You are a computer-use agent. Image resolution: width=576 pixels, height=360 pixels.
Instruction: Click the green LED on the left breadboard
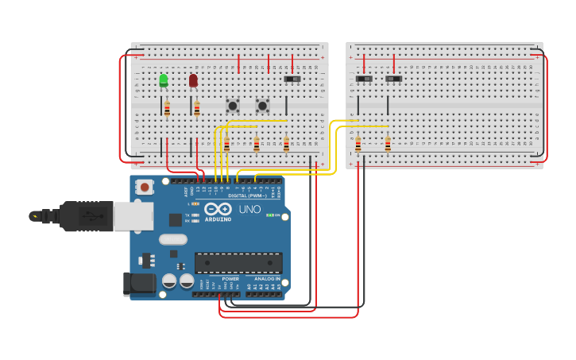coord(164,79)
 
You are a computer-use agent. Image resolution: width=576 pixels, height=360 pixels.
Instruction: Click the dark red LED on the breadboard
coord(193,79)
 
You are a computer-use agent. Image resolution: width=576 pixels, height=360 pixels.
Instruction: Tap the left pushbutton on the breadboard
coord(233,105)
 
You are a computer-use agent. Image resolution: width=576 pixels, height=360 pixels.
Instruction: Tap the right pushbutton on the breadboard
coord(262,105)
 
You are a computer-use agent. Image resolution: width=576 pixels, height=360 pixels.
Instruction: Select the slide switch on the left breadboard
coord(292,79)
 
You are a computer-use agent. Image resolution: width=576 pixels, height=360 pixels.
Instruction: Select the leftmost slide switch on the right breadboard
coord(364,79)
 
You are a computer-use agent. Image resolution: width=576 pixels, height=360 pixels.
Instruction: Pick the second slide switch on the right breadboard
coord(394,79)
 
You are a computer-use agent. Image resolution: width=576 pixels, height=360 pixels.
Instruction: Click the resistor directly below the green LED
coord(167,109)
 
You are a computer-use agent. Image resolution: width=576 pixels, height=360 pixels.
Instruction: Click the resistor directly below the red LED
coord(197,109)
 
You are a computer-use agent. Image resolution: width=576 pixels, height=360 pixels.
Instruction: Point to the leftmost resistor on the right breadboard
coord(358,144)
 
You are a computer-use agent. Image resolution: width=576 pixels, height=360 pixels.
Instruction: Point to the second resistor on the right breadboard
coord(388,144)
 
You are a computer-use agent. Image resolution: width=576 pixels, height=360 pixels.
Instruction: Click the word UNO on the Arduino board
coord(249,210)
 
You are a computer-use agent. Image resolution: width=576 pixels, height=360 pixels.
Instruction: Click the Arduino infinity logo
coord(217,211)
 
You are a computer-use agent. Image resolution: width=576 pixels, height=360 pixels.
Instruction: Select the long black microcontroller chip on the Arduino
coord(238,263)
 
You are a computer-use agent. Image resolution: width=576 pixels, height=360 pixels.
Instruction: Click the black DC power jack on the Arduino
coord(138,284)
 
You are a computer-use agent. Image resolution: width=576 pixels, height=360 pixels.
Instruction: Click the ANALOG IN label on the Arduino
coord(267,279)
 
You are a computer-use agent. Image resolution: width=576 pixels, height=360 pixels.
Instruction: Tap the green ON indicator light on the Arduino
coord(270,215)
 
